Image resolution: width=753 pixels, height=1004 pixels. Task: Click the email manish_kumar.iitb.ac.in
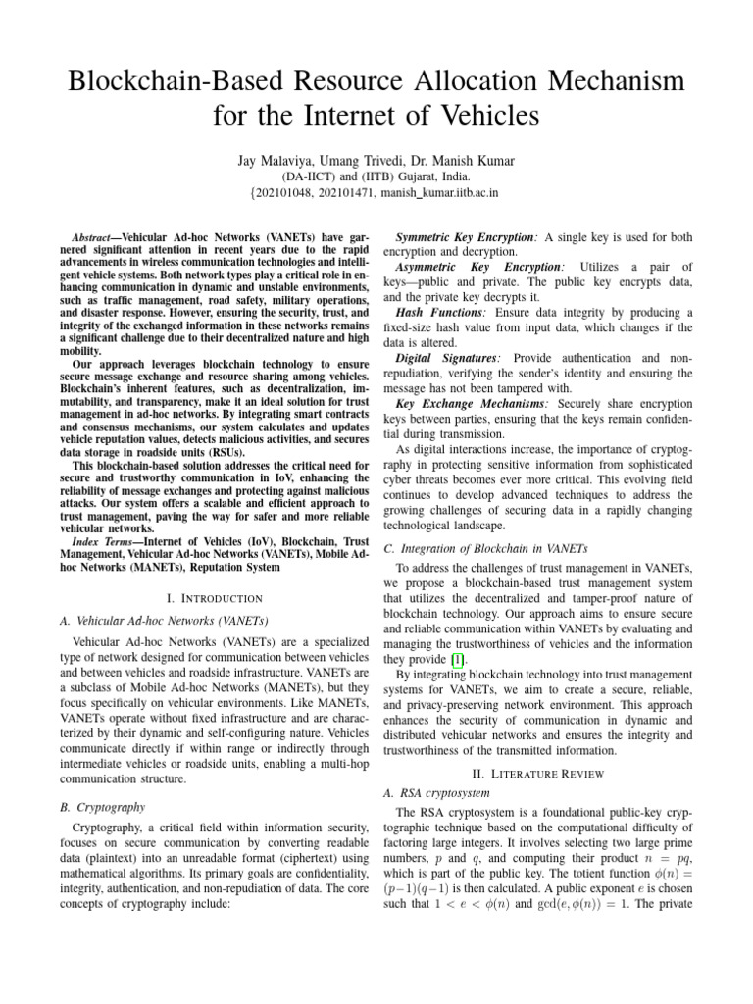pyautogui.click(x=439, y=193)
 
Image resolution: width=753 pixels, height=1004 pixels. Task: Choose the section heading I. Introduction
pyautogui.click(x=215, y=597)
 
